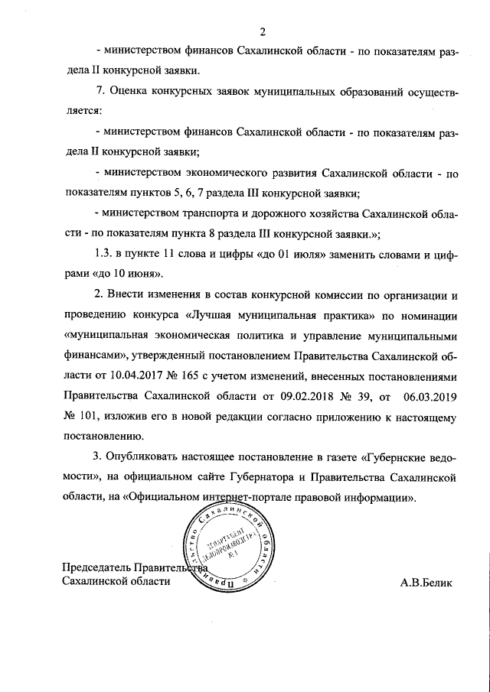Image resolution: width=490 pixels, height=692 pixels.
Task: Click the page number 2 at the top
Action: tap(262, 31)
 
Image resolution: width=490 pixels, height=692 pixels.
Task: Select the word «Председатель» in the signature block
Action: tap(98, 568)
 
